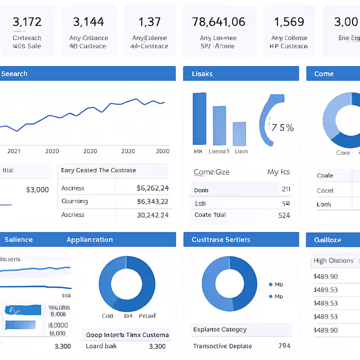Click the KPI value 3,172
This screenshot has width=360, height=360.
coord(27,22)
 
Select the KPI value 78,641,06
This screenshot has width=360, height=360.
coord(219,22)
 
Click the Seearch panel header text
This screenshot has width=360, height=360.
coord(14,74)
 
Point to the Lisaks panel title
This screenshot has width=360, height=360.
coord(202,74)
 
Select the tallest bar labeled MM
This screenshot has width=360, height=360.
coord(199,119)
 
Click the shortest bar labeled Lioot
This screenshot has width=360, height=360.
coord(239,134)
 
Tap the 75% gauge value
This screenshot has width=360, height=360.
coord(283,128)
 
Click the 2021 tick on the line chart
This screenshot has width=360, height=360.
coord(14,151)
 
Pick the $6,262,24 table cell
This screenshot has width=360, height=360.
coord(153,188)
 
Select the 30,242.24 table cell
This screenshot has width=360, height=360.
coord(153,215)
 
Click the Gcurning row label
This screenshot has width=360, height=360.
coord(75,201)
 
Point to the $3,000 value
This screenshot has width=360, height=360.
coord(37,189)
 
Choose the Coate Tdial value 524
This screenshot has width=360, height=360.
coord(284,215)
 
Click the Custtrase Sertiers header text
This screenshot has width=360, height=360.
coord(220,239)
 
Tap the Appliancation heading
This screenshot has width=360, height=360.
coord(90,239)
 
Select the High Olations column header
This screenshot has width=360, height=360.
coord(333,261)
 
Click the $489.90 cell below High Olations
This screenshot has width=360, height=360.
coord(326,276)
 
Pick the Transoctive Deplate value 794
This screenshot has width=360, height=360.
coord(284,346)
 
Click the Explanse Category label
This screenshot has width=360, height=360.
coord(220,329)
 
